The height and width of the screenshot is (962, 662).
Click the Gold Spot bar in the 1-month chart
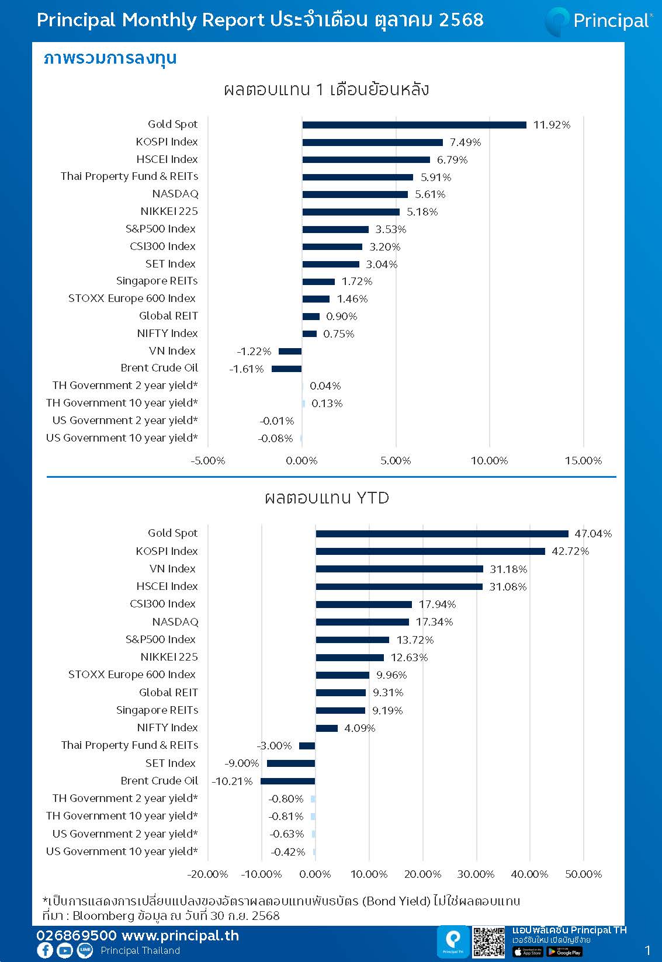(x=414, y=124)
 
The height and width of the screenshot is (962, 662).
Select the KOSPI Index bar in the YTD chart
(x=430, y=551)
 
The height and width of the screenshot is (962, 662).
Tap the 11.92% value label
(x=551, y=124)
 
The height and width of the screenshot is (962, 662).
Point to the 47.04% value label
(x=592, y=534)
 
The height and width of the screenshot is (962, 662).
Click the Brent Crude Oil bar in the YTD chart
(x=287, y=781)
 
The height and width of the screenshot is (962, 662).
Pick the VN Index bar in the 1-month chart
(x=290, y=351)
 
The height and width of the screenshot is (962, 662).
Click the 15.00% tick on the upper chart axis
(x=583, y=461)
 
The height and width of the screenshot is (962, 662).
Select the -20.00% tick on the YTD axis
(x=207, y=874)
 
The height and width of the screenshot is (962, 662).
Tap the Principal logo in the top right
(x=598, y=21)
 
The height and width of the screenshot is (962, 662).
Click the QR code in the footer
(x=488, y=942)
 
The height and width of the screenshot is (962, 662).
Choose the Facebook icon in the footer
(x=45, y=950)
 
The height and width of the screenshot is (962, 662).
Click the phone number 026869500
(x=77, y=936)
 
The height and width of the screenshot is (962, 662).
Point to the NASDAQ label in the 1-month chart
(x=175, y=194)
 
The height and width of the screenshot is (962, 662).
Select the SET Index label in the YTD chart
(x=170, y=763)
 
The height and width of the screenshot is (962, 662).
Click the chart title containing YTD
(x=326, y=498)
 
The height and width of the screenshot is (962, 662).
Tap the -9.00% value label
(x=241, y=763)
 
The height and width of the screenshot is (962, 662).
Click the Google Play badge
(x=564, y=952)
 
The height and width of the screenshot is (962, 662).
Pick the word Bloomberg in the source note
(x=103, y=916)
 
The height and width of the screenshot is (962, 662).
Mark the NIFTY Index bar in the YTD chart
(x=327, y=728)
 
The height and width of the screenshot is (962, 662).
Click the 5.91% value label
(x=436, y=177)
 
